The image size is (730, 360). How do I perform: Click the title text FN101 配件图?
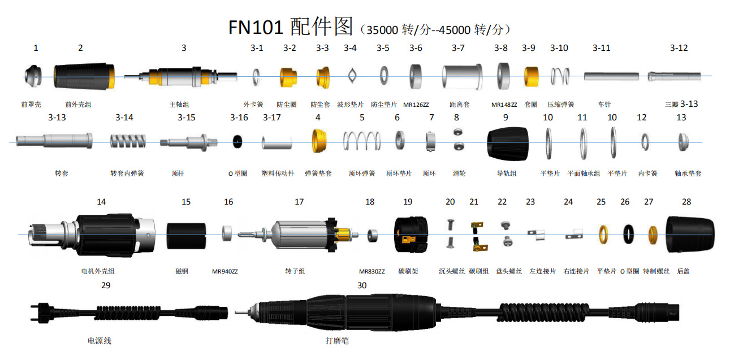[291, 27]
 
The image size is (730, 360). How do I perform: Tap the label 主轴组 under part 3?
[179, 105]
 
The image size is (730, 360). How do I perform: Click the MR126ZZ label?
[416, 105]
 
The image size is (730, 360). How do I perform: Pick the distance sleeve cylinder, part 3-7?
[461, 76]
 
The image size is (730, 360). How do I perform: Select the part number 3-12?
[679, 48]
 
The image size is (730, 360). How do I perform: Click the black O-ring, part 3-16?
[240, 142]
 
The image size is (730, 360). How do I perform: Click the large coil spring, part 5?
[362, 142]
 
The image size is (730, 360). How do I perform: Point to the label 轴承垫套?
[688, 174]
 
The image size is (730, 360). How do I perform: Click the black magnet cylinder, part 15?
[186, 235]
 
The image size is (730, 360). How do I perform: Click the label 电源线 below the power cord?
[100, 341]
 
